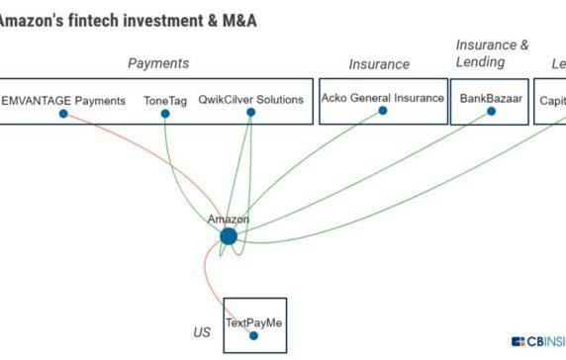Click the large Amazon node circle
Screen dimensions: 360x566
coord(229,236)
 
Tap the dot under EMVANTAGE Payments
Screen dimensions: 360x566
coord(63,114)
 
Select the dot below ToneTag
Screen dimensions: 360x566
coord(165,114)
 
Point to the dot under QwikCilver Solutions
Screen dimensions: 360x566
coord(250,112)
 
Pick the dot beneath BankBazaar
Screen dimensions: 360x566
coord(491,112)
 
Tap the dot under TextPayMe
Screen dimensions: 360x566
coord(254,336)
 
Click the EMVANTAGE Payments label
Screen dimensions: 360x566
coord(63,100)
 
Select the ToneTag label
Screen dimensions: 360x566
coord(165,100)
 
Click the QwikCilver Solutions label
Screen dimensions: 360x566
coord(250,100)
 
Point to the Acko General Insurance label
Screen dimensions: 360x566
coord(383,99)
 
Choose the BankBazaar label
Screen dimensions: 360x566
coord(489,99)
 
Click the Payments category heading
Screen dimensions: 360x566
coord(158,63)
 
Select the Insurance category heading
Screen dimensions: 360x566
coord(379,64)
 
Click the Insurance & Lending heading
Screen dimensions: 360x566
coord(492,53)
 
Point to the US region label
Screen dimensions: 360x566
coord(202,332)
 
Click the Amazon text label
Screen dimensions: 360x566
coord(229,219)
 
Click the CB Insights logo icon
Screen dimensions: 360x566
coord(519,341)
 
